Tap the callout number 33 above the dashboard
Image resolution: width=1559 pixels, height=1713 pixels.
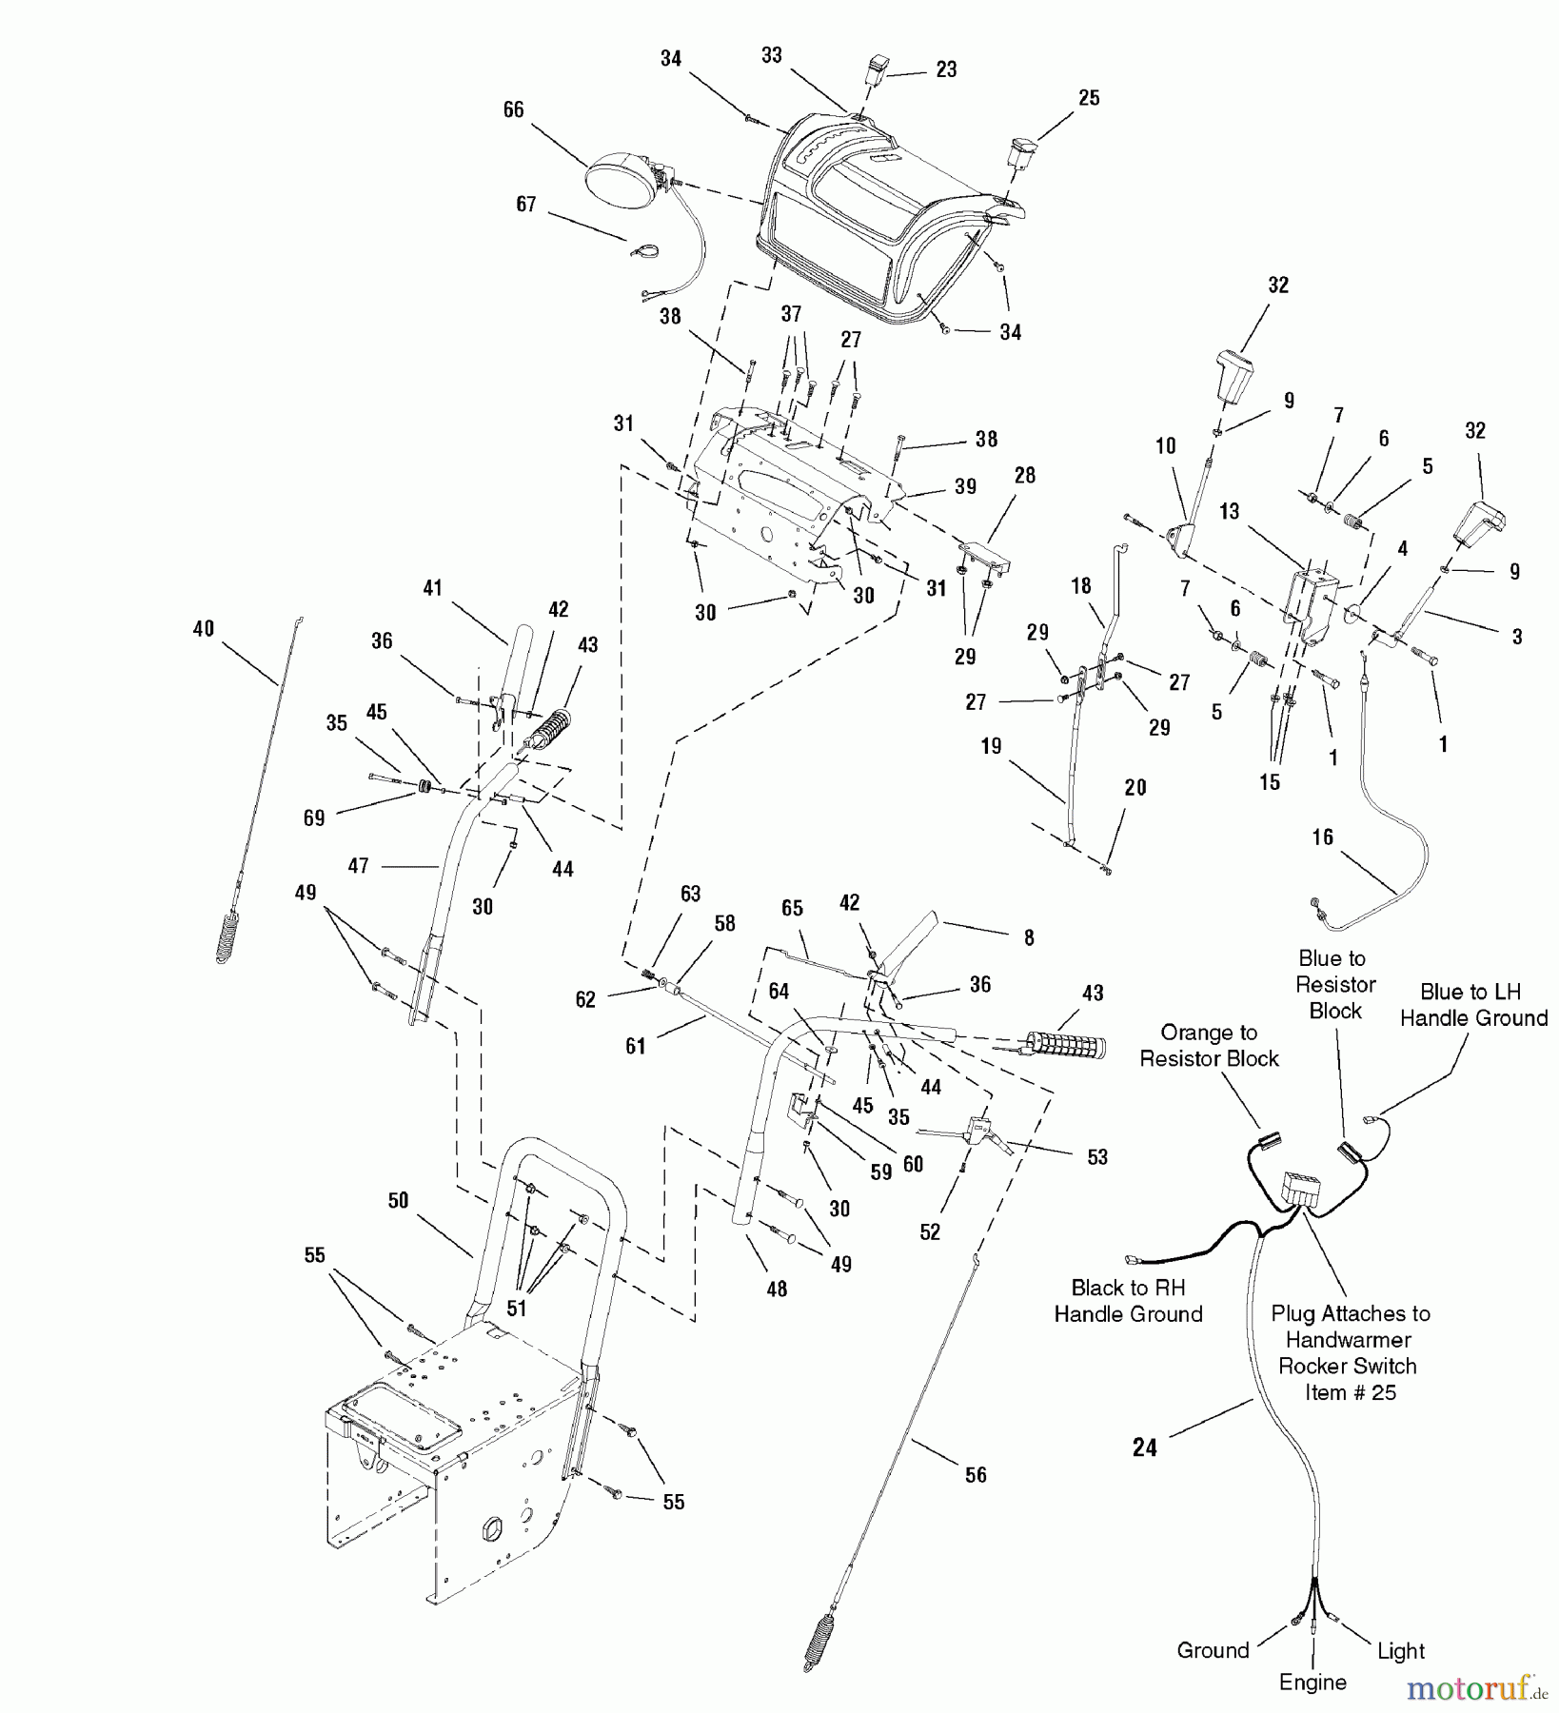tap(772, 55)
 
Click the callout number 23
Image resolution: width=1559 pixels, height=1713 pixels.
tap(946, 69)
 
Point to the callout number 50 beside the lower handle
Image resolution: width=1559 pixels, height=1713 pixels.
tap(398, 1201)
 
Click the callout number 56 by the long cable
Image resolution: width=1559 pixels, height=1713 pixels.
tap(977, 1474)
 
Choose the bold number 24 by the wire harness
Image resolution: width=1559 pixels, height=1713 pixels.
tap(1145, 1447)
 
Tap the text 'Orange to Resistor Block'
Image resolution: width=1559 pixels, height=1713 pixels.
tap(1209, 1045)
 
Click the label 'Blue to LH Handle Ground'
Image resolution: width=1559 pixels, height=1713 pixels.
tap(1473, 1005)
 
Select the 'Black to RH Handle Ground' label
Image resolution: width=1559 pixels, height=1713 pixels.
tap(1128, 1301)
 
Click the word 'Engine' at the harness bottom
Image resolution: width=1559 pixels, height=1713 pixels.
tap(1312, 1682)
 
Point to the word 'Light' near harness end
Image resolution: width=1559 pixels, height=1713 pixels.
tap(1401, 1650)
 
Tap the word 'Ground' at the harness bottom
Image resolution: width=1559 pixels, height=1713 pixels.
tap(1213, 1649)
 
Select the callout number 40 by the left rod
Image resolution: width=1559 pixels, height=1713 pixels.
tap(204, 628)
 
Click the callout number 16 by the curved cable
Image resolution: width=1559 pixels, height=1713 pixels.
tap(1323, 837)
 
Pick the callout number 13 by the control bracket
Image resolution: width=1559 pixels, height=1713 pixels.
tap(1230, 511)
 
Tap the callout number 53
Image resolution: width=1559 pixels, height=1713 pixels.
tap(1097, 1156)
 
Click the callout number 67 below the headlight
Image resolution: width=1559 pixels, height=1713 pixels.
tap(526, 204)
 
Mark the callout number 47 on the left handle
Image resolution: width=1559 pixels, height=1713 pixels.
tap(359, 866)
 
